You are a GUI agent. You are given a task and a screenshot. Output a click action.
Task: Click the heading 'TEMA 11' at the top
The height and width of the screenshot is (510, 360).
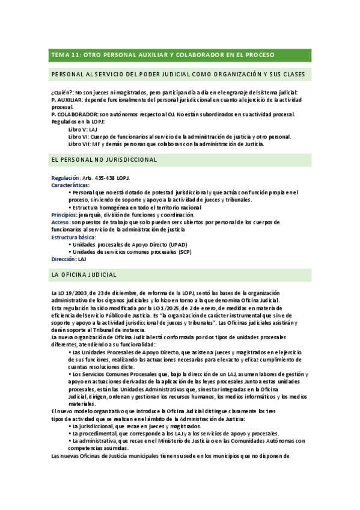point(65,55)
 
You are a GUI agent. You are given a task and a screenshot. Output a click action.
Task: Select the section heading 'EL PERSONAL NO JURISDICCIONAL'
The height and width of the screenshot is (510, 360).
point(105,160)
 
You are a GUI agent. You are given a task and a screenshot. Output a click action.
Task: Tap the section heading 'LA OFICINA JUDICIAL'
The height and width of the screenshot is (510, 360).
point(84,275)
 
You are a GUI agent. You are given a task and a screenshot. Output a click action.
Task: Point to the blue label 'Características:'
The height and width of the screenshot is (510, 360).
point(70,185)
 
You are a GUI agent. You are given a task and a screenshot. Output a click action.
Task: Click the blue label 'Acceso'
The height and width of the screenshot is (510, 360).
point(61,222)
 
